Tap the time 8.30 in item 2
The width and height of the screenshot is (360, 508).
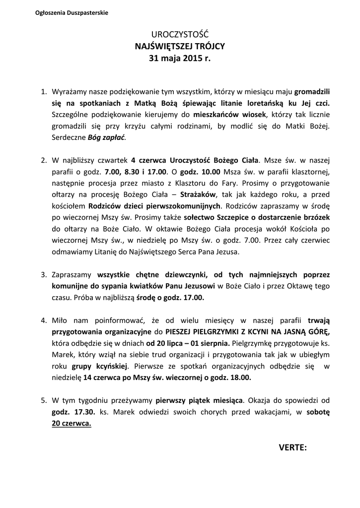point(130,172)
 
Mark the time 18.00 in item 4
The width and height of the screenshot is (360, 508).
point(240,377)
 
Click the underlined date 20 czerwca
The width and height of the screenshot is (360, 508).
point(72,423)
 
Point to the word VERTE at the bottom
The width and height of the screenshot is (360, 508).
point(291,448)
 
